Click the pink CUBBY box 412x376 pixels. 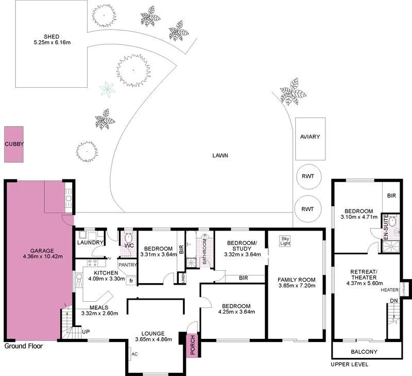pos(14,144)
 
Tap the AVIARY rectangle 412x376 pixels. pos(310,137)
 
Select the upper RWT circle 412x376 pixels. pos(307,177)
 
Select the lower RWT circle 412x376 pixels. pos(307,209)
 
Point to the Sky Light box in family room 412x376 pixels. pos(285,241)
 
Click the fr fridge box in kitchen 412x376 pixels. pos(131,281)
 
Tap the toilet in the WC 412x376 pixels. pos(128,238)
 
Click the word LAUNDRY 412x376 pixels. pos(91,243)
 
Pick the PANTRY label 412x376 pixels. pos(127,265)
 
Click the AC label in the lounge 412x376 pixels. pos(134,354)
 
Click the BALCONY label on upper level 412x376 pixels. pos(364,352)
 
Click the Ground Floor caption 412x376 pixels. pos(24,346)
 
